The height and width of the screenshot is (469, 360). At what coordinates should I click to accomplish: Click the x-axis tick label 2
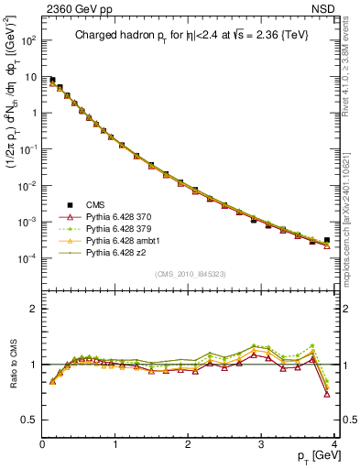point(189,444)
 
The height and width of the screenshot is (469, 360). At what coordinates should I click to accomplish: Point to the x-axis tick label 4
point(335,444)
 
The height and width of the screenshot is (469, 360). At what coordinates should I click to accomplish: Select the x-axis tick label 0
point(42,444)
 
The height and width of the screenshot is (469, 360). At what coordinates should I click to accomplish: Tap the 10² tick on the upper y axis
point(27,40)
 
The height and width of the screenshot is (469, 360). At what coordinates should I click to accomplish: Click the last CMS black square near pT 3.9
point(327,240)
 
